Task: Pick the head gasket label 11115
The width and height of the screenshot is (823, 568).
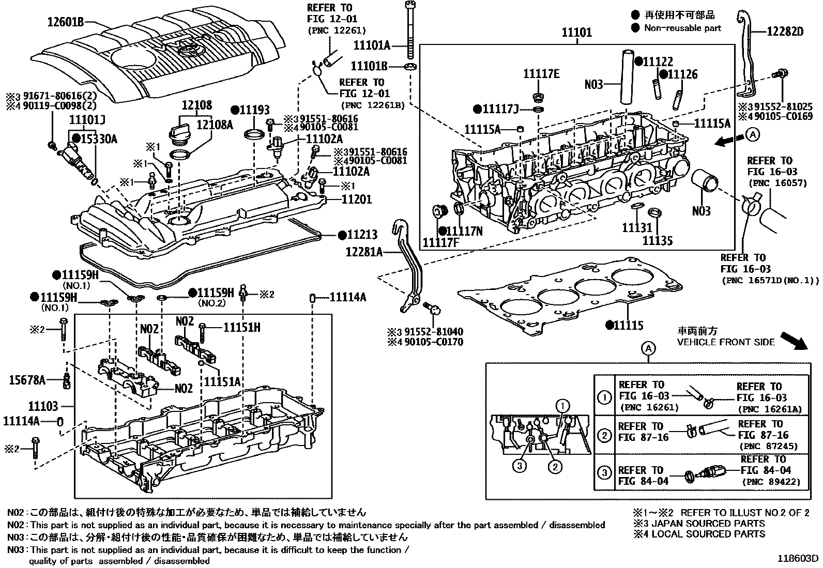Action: tap(629, 325)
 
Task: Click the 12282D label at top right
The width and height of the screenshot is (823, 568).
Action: tap(784, 32)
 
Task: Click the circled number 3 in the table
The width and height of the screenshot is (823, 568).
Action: tap(604, 473)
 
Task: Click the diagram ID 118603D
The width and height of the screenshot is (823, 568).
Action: tap(799, 559)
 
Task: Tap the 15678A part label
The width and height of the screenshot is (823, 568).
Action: tap(27, 380)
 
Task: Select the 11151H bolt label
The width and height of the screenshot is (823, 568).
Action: tap(242, 327)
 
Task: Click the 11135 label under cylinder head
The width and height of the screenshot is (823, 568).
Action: tap(657, 240)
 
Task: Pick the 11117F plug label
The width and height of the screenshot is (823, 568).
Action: tap(440, 242)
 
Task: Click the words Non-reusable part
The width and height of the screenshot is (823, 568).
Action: tap(682, 28)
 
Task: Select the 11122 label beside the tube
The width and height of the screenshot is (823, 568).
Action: tap(658, 62)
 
